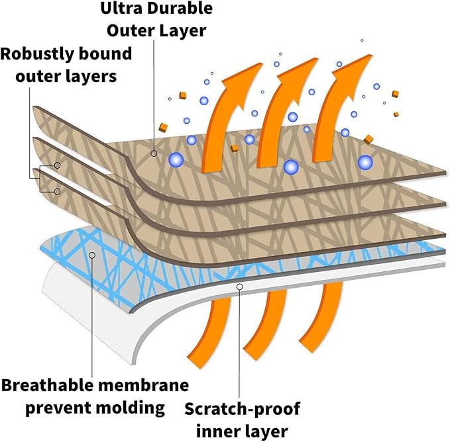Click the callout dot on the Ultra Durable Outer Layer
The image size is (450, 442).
(x=154, y=154)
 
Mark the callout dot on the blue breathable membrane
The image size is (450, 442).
(x=91, y=254)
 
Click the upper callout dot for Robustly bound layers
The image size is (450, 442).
(x=58, y=165)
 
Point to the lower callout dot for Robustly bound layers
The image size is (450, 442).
(x=58, y=191)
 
